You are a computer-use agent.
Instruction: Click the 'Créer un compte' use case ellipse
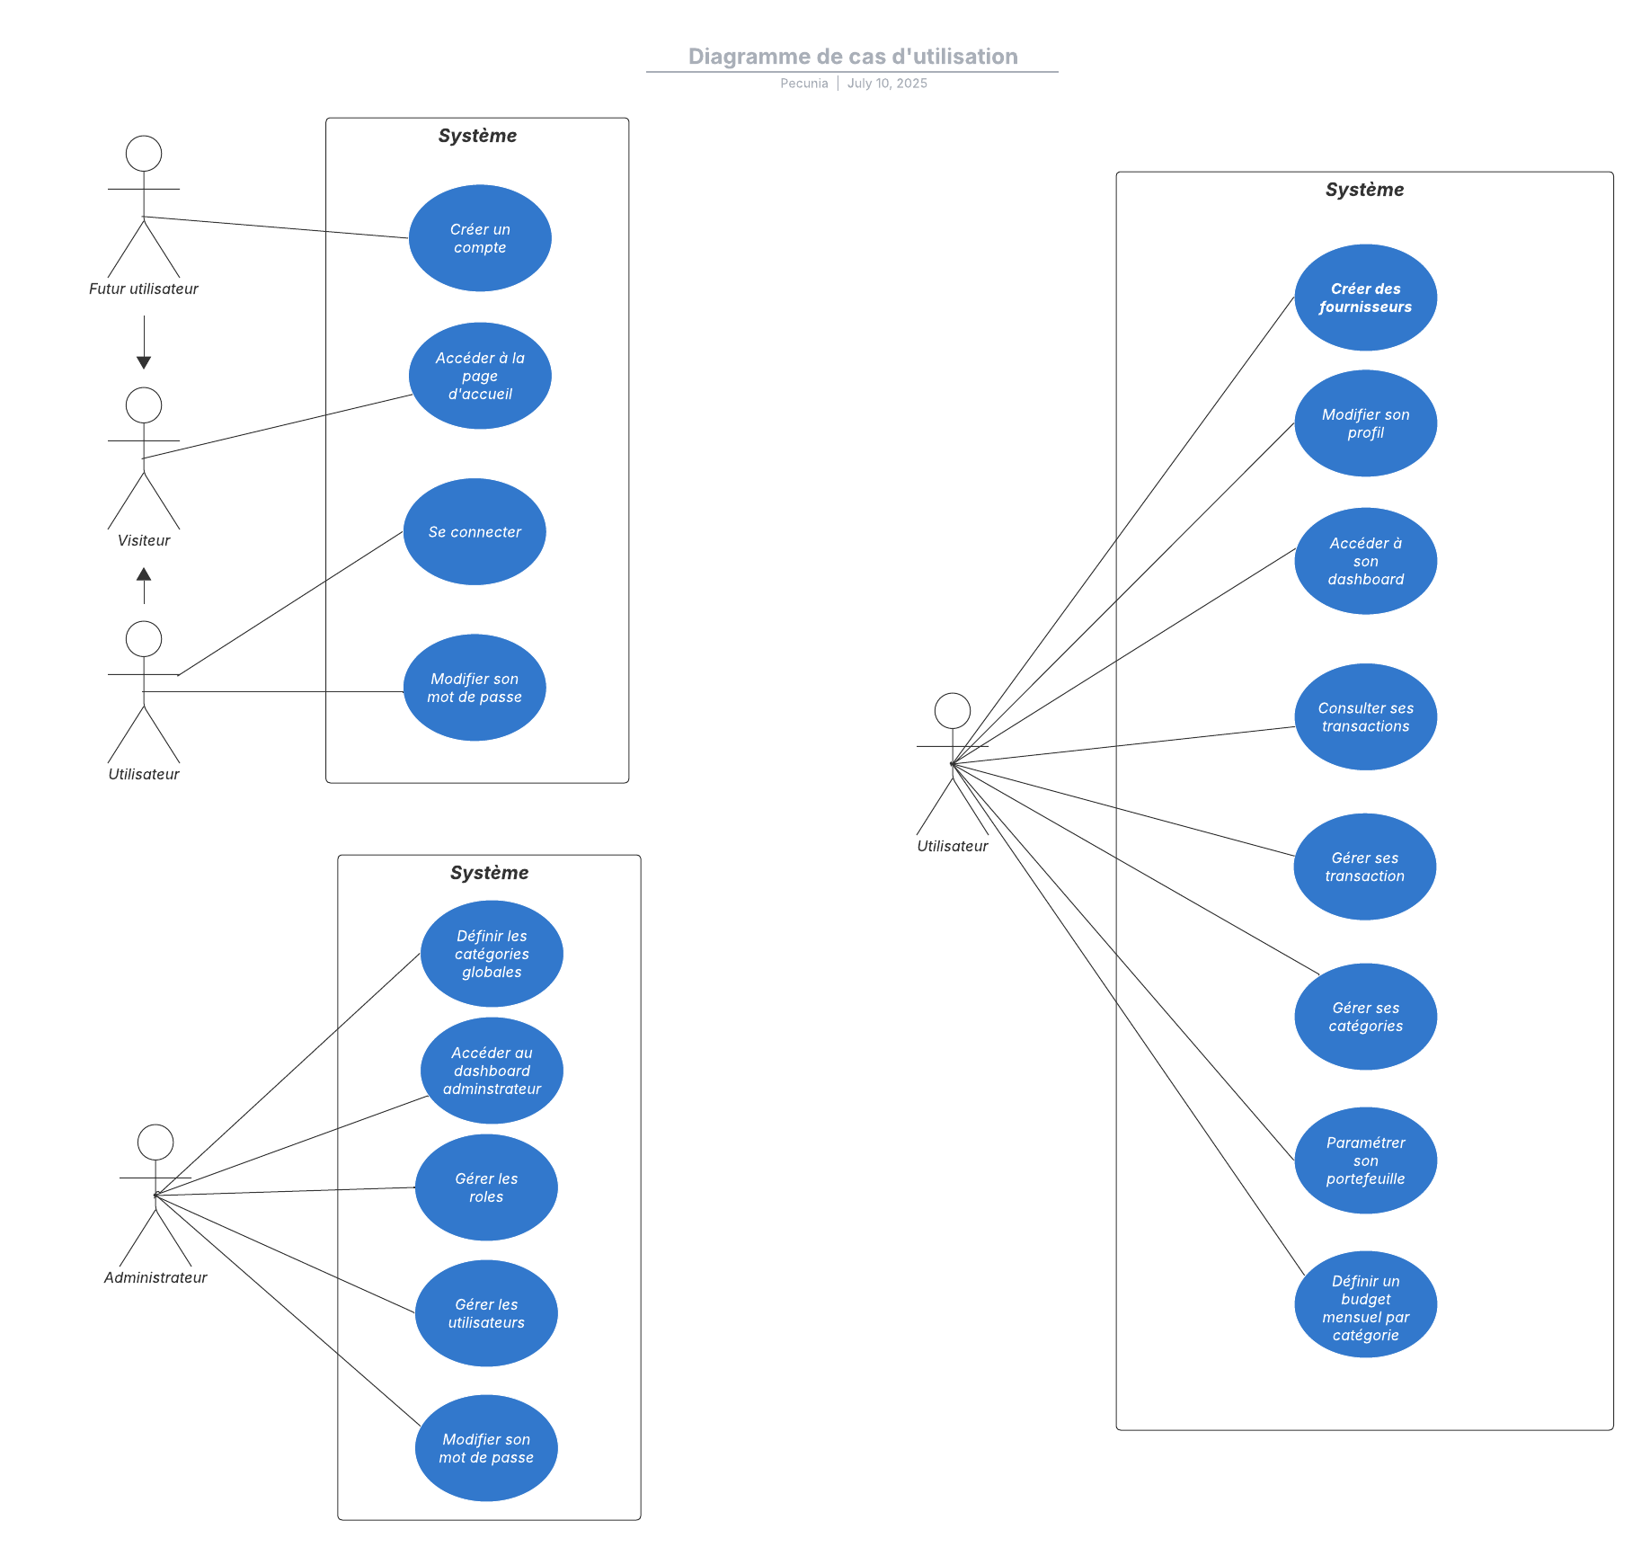tap(480, 238)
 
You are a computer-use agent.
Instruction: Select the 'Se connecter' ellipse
tap(475, 531)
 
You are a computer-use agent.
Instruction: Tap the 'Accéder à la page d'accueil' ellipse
tap(480, 376)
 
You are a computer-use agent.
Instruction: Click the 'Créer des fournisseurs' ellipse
tap(1365, 298)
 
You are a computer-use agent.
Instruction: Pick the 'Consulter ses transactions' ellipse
tap(1365, 716)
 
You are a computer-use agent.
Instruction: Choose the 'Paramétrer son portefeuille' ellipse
tap(1365, 1160)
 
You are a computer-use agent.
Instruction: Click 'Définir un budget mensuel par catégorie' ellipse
tap(1365, 1304)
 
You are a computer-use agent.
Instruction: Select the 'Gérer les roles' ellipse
tap(486, 1187)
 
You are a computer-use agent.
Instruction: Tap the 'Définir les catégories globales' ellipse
tap(492, 954)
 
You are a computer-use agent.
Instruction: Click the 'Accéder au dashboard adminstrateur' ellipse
tap(492, 1070)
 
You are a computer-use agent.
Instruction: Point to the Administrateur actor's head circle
tap(155, 1142)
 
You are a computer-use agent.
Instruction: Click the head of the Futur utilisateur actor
tap(144, 154)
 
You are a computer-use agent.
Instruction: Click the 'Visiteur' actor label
tap(144, 540)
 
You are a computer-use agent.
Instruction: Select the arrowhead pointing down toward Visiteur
tap(144, 362)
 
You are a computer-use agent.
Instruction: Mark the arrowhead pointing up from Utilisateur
tap(144, 574)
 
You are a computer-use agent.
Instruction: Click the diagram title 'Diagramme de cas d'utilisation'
tap(852, 57)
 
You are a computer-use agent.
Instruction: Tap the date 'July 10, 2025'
tap(887, 84)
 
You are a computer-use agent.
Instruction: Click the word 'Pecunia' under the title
tap(803, 84)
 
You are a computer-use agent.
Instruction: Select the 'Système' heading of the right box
tap(1363, 190)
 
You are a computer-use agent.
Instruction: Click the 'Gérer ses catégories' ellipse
tap(1365, 1017)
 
